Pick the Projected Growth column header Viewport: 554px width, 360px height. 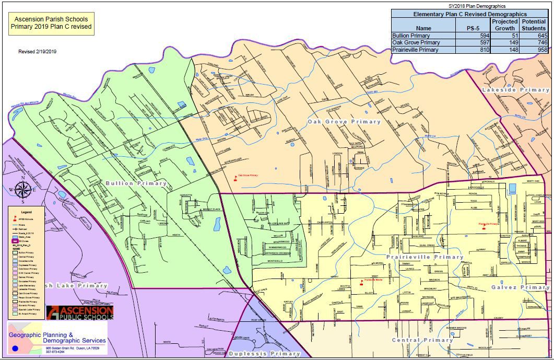(504, 25)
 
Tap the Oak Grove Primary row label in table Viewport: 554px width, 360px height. (416, 42)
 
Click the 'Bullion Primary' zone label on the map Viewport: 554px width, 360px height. (136, 183)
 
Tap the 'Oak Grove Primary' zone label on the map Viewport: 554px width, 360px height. (344, 121)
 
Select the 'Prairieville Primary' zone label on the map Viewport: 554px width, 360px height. (425, 257)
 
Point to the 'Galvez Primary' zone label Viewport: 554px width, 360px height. (520, 287)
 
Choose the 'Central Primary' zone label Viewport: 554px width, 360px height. (422, 340)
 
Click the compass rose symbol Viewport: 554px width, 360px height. (22, 189)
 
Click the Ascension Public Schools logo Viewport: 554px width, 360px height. (79, 312)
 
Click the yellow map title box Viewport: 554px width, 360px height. (51, 24)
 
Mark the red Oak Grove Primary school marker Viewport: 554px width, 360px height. (235, 178)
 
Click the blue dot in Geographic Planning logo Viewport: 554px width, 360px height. (15, 347)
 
